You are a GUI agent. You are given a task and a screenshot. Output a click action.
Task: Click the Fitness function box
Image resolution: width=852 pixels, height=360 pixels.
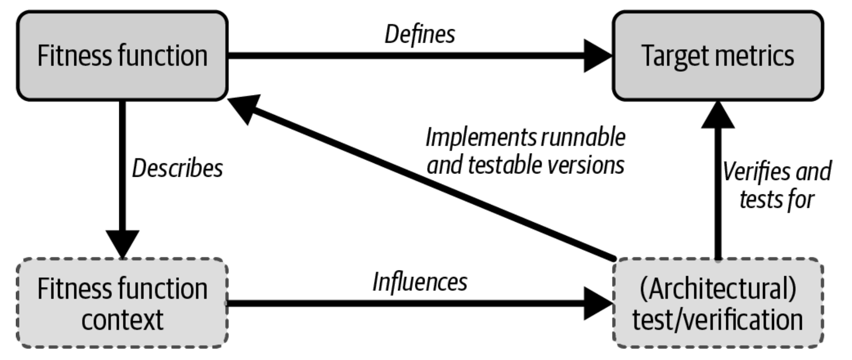pyautogui.click(x=122, y=56)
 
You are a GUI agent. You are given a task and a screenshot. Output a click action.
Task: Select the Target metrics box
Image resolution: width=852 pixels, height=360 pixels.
pyautogui.click(x=718, y=56)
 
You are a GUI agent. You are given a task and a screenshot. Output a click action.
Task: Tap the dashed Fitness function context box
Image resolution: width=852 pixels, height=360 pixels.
pyautogui.click(x=122, y=303)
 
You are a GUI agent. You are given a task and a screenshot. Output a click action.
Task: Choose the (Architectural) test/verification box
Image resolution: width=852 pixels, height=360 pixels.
pyautogui.click(x=718, y=303)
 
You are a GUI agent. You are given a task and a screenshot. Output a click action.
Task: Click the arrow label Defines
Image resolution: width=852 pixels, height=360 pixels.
pyautogui.click(x=420, y=34)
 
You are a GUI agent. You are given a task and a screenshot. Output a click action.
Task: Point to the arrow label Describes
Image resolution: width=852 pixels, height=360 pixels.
pyautogui.click(x=177, y=168)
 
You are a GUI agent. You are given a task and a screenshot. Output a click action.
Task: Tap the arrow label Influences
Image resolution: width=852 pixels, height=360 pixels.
pyautogui.click(x=420, y=282)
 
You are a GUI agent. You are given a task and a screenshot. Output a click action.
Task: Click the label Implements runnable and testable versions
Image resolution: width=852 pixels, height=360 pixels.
pyautogui.click(x=525, y=151)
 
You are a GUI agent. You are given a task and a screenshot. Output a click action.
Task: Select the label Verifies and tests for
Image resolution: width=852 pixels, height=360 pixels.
pyautogui.click(x=777, y=186)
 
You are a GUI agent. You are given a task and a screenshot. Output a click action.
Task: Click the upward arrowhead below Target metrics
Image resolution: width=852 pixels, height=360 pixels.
pyautogui.click(x=718, y=115)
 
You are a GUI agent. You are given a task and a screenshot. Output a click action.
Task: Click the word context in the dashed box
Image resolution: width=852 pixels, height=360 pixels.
pyautogui.click(x=122, y=320)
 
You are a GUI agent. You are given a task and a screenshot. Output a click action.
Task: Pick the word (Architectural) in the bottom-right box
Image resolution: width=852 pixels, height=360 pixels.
pyautogui.click(x=718, y=289)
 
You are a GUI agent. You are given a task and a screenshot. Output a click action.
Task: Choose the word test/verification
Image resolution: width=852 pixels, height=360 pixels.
pyautogui.click(x=718, y=320)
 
